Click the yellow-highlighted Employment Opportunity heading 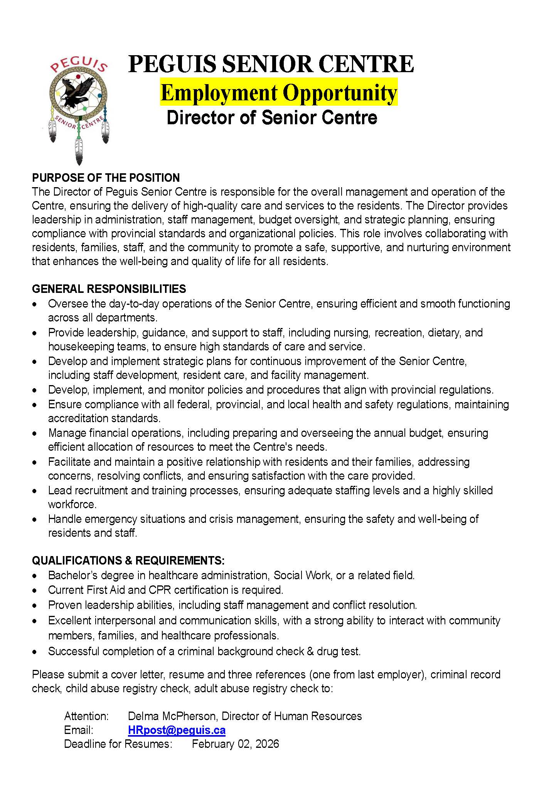278,93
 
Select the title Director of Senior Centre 272,118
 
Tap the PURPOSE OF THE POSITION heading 106,178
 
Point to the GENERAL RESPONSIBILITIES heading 109,289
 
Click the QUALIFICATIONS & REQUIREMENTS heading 128,560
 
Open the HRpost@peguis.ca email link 177,730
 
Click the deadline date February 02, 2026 235,744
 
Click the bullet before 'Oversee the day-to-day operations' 35,304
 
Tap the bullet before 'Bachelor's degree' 35,576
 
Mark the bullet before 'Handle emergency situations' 35,520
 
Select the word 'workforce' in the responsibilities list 72,504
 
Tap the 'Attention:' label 86,716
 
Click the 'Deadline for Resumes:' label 118,744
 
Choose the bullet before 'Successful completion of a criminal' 35,652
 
